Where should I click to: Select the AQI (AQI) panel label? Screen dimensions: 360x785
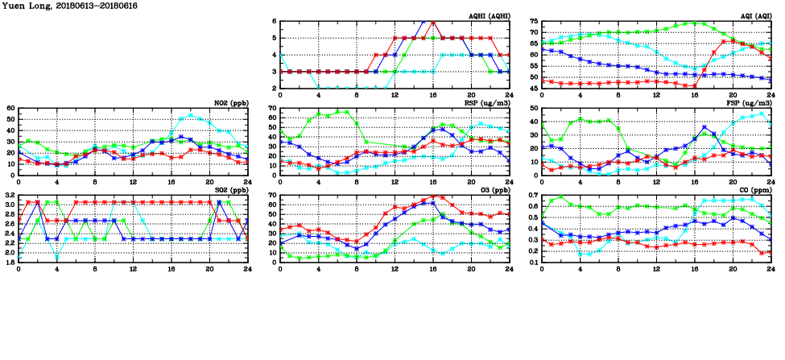tap(757, 16)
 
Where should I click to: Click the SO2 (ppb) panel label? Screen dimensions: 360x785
tap(229, 190)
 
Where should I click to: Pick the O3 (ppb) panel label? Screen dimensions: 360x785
tap(493, 190)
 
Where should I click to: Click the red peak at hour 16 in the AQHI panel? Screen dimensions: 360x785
tap(433, 21)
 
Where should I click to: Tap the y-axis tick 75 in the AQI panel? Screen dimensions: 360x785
tap(534, 22)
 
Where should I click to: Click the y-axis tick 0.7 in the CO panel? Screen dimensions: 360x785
tap(532, 196)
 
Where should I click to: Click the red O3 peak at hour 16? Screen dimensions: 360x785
tap(433, 197)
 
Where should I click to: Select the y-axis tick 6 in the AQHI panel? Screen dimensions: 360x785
tap(275, 22)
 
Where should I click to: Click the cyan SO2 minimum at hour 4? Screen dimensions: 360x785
tap(57, 257)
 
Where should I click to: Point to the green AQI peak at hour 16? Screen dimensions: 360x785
tap(694, 23)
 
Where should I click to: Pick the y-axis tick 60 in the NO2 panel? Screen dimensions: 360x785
tap(11, 108)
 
